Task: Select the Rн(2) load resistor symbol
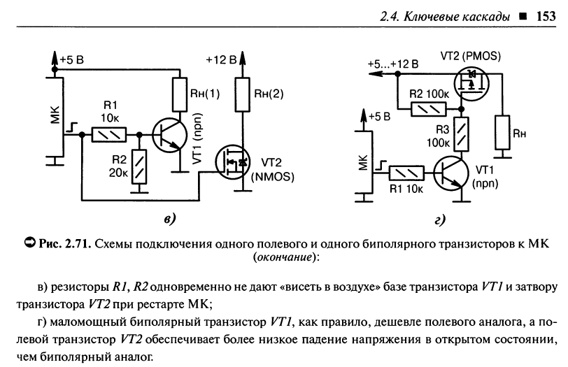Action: pos(242,93)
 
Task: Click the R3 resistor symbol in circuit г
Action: pos(461,133)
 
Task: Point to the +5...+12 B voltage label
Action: pos(394,65)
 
